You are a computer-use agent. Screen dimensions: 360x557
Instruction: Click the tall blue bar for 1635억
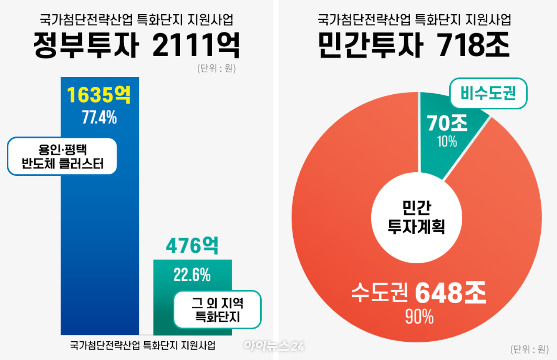(x=99, y=239)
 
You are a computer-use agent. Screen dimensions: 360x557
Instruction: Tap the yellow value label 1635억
(x=99, y=95)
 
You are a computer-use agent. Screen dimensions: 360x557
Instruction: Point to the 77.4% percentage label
(x=99, y=117)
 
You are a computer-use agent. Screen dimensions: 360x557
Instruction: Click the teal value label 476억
(x=192, y=245)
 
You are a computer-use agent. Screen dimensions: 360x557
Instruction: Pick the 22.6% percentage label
(x=192, y=275)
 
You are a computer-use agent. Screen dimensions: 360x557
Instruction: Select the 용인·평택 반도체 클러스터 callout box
(x=62, y=156)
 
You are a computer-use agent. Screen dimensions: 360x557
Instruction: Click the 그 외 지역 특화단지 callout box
(x=217, y=310)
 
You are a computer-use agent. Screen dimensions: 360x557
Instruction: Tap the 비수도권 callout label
(x=488, y=93)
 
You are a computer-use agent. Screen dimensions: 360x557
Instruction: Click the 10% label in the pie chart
(x=447, y=142)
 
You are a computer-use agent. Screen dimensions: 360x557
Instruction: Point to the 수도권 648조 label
(x=419, y=293)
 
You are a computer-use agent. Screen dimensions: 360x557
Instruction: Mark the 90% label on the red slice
(x=419, y=317)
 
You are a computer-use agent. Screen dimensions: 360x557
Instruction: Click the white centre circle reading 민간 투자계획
(x=417, y=218)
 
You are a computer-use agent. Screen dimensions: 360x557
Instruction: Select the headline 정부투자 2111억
(x=137, y=45)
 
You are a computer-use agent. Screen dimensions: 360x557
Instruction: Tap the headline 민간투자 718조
(x=414, y=45)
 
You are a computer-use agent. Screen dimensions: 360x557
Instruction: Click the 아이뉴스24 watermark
(x=274, y=346)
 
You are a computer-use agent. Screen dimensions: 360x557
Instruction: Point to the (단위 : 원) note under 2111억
(x=216, y=68)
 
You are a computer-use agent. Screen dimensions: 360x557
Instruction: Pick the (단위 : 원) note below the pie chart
(x=530, y=349)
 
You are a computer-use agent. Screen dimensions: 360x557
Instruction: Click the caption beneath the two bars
(x=143, y=345)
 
